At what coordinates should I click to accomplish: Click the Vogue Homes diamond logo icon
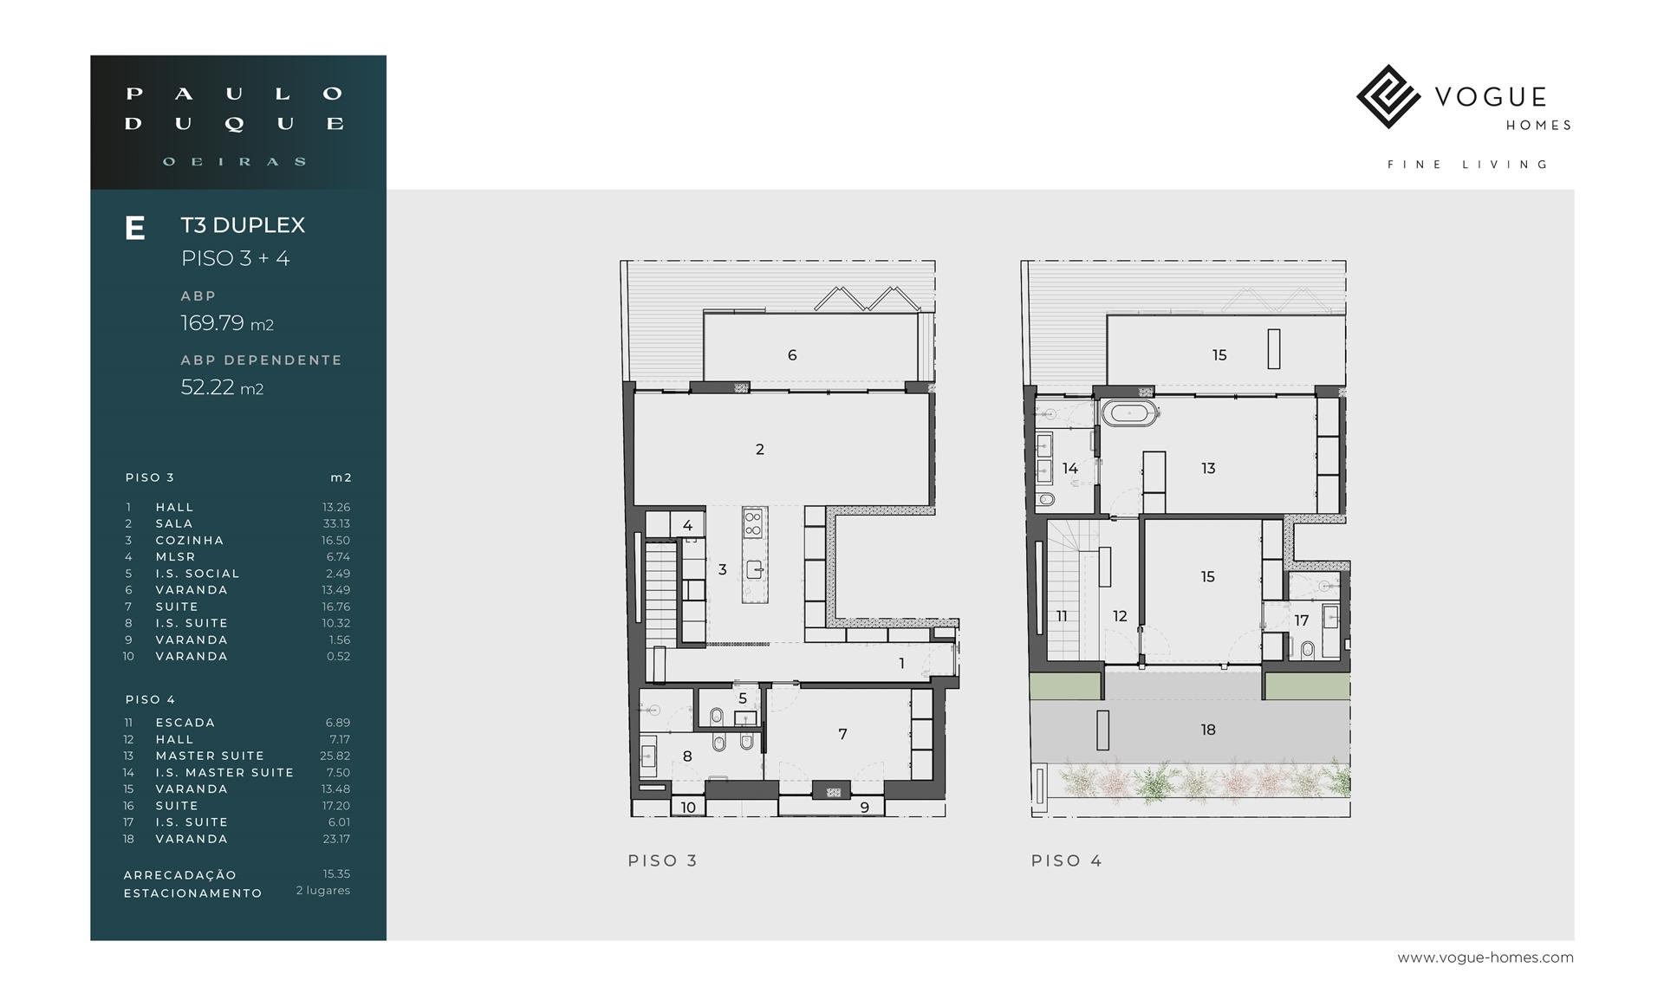[x=1388, y=96]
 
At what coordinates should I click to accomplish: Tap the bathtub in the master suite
[x=1129, y=412]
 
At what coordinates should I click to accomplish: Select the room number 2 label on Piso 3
[x=760, y=449]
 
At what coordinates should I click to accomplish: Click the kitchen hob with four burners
[x=753, y=522]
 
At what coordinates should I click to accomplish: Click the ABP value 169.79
[x=212, y=323]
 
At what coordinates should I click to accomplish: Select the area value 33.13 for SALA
[x=336, y=523]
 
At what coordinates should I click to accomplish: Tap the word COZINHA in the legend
[x=190, y=540]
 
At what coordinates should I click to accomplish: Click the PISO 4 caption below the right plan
[x=1066, y=860]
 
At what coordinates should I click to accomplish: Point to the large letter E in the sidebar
[x=134, y=229]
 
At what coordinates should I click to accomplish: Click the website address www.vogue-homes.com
[x=1485, y=957]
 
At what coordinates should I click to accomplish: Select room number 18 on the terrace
[x=1208, y=730]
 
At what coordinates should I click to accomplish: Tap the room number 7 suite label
[x=842, y=734]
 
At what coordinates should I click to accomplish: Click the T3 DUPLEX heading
[x=243, y=225]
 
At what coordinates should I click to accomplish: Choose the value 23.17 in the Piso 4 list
[x=336, y=839]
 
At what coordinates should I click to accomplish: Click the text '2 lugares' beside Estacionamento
[x=323, y=891]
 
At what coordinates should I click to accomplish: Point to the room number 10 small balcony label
[x=688, y=808]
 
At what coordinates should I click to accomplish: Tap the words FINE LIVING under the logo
[x=1468, y=165]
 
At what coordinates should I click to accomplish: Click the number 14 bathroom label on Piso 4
[x=1070, y=468]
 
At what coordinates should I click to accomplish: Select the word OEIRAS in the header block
[x=235, y=161]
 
